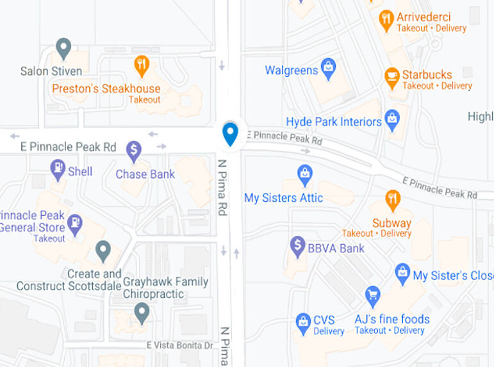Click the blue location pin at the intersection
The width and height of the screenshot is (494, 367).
[230, 133]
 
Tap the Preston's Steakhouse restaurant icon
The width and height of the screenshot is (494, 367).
[142, 65]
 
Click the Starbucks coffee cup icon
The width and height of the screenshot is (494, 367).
[391, 77]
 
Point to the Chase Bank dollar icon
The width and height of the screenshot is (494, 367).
[134, 151]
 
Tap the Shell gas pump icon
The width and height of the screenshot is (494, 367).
[58, 169]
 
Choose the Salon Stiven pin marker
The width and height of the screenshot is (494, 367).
[63, 48]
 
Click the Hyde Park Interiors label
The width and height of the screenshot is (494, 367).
[334, 122]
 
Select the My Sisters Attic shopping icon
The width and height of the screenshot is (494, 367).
[305, 173]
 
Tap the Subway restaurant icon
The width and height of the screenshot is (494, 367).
[392, 200]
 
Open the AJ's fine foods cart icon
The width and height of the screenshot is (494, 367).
[372, 296]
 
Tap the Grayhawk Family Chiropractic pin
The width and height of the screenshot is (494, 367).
[142, 313]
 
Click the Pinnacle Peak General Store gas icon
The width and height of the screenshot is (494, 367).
[75, 222]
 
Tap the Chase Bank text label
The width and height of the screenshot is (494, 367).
[145, 174]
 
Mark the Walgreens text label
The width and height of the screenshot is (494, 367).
[291, 70]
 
